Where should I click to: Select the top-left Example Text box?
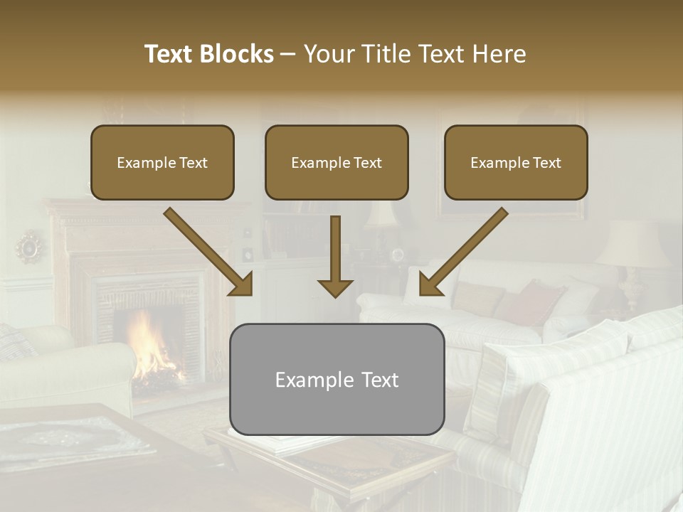pyautogui.click(x=162, y=163)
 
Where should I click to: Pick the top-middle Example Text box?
pyautogui.click(x=337, y=163)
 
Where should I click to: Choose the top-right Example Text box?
pyautogui.click(x=516, y=163)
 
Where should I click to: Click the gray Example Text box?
pyautogui.click(x=337, y=379)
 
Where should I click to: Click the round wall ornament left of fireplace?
pyautogui.click(x=30, y=246)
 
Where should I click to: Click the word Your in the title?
pyautogui.click(x=325, y=54)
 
